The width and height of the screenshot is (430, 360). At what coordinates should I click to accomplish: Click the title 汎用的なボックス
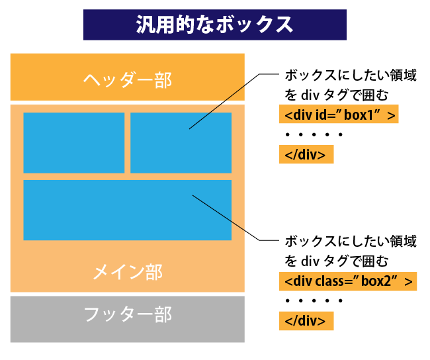click(x=214, y=24)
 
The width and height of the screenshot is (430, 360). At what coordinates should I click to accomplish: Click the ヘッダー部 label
click(x=127, y=79)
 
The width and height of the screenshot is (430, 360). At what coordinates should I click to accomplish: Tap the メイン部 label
click(x=127, y=272)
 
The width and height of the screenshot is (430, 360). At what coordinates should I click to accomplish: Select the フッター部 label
click(x=127, y=314)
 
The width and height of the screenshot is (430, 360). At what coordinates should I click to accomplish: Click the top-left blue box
click(x=73, y=142)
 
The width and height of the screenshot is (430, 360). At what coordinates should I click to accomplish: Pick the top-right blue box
click(x=181, y=142)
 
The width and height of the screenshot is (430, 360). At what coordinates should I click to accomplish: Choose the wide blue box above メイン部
click(x=127, y=210)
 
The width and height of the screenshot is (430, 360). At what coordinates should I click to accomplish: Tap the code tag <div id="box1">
click(x=339, y=115)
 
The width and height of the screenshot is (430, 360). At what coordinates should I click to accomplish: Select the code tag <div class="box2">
click(x=348, y=281)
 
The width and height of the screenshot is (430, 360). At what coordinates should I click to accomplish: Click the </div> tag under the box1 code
click(x=306, y=155)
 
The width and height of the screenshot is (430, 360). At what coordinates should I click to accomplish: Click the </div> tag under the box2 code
click(x=306, y=321)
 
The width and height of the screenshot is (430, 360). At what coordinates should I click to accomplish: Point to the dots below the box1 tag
click(x=314, y=136)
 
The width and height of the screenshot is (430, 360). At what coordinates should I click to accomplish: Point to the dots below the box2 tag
click(x=314, y=301)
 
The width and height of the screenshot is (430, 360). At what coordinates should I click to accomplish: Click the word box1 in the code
click(x=359, y=115)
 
